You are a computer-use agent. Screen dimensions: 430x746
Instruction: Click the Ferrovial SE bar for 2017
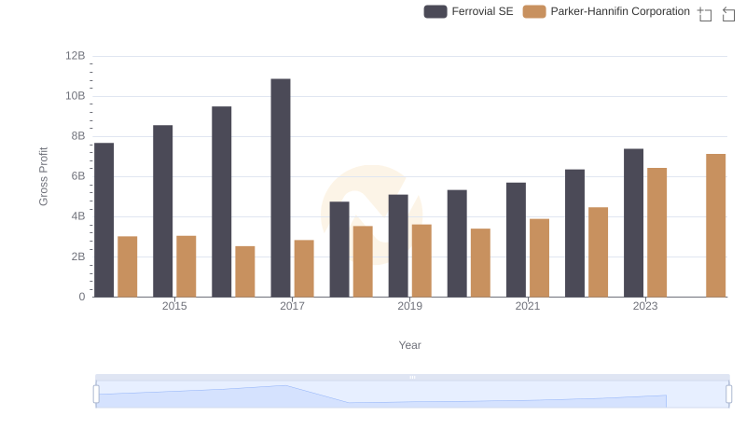[x=281, y=187]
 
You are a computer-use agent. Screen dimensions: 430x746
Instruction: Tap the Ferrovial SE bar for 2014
[x=104, y=220]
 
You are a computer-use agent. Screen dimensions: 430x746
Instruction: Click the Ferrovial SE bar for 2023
[x=633, y=223]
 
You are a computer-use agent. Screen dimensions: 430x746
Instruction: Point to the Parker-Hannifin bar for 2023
[x=656, y=232]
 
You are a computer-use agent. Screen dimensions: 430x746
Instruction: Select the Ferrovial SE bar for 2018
[x=339, y=249]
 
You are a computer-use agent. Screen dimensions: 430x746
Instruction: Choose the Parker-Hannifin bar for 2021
[x=539, y=258]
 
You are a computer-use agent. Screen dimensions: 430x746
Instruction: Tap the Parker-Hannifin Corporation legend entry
[x=607, y=11]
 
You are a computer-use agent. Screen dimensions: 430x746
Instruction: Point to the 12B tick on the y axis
[x=76, y=56]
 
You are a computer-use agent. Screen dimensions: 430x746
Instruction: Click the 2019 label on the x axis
[x=409, y=306]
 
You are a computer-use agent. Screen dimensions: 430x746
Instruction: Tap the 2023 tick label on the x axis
[x=645, y=306]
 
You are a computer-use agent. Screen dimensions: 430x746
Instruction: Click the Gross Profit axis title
[x=43, y=176]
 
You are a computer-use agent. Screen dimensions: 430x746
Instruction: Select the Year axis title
[x=410, y=345]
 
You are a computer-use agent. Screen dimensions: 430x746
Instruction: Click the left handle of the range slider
[x=96, y=394]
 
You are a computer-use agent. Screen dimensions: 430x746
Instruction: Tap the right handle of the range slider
[x=729, y=394]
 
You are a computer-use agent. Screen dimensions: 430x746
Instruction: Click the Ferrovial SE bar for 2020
[x=457, y=243]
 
